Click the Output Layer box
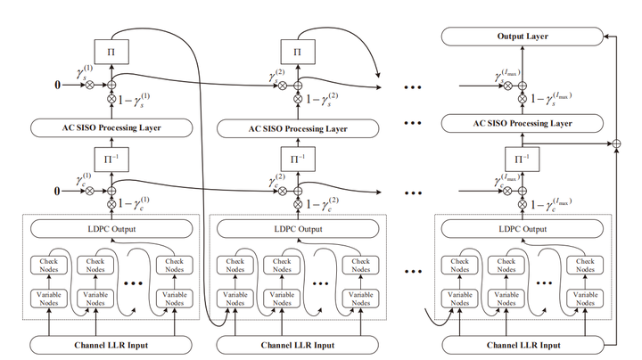tap(522, 37)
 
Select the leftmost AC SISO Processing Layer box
tap(113, 127)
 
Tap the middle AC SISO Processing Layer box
tap(297, 127)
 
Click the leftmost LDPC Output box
tap(113, 228)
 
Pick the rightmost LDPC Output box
tap(522, 228)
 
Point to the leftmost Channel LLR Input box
tap(113, 344)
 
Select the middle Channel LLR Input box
tap(297, 344)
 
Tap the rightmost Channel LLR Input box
tap(522, 344)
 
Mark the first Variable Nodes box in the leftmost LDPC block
tap(47, 298)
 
